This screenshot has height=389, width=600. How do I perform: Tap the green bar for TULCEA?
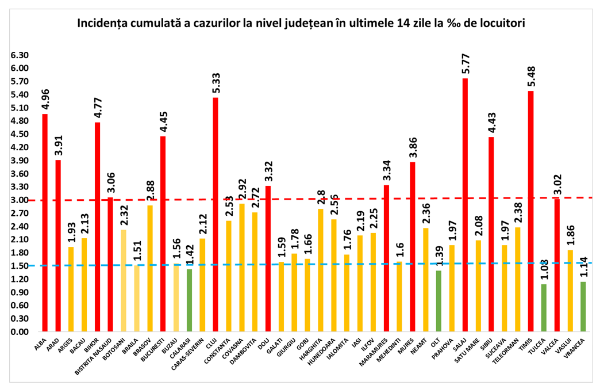[x=544, y=308]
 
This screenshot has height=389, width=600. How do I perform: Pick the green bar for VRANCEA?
[x=583, y=307]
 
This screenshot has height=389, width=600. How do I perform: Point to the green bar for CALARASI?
[x=189, y=300]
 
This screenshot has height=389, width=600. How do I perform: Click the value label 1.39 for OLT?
[x=439, y=254]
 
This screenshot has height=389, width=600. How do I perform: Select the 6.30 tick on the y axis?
[x=19, y=55]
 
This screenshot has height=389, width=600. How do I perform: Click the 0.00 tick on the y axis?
[x=19, y=332]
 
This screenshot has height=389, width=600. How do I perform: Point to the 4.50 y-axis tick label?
[x=19, y=134]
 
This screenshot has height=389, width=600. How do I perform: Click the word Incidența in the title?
[x=103, y=24]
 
